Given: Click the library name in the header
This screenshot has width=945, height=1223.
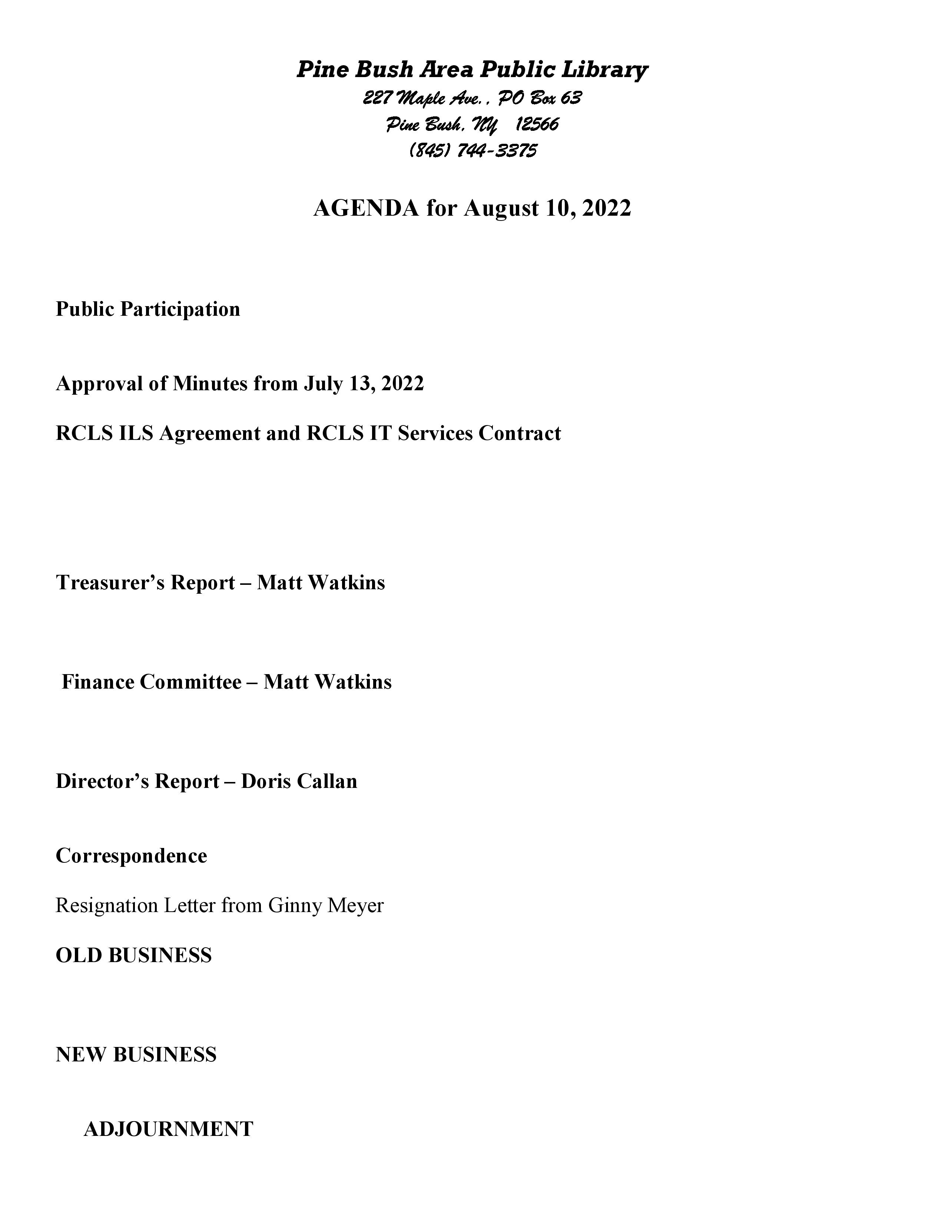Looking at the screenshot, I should [472, 69].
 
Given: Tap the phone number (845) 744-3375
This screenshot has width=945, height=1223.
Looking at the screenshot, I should [473, 150].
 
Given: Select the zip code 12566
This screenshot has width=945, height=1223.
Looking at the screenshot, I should [537, 124].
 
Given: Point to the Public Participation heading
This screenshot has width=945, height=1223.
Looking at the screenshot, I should [148, 309].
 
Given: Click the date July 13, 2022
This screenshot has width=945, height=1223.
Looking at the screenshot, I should [364, 384].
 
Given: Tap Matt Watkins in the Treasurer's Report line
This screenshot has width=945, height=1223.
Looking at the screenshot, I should [321, 582].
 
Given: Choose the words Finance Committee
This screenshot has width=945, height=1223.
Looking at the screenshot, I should [151, 682].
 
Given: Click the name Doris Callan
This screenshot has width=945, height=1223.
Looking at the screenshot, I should [299, 781].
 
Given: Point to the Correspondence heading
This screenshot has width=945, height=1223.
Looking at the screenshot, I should [131, 856].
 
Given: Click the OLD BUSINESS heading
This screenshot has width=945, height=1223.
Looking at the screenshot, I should [134, 955].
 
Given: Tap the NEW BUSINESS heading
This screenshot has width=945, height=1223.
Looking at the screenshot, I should [136, 1054].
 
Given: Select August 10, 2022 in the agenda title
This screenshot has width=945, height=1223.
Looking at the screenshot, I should [547, 208].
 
